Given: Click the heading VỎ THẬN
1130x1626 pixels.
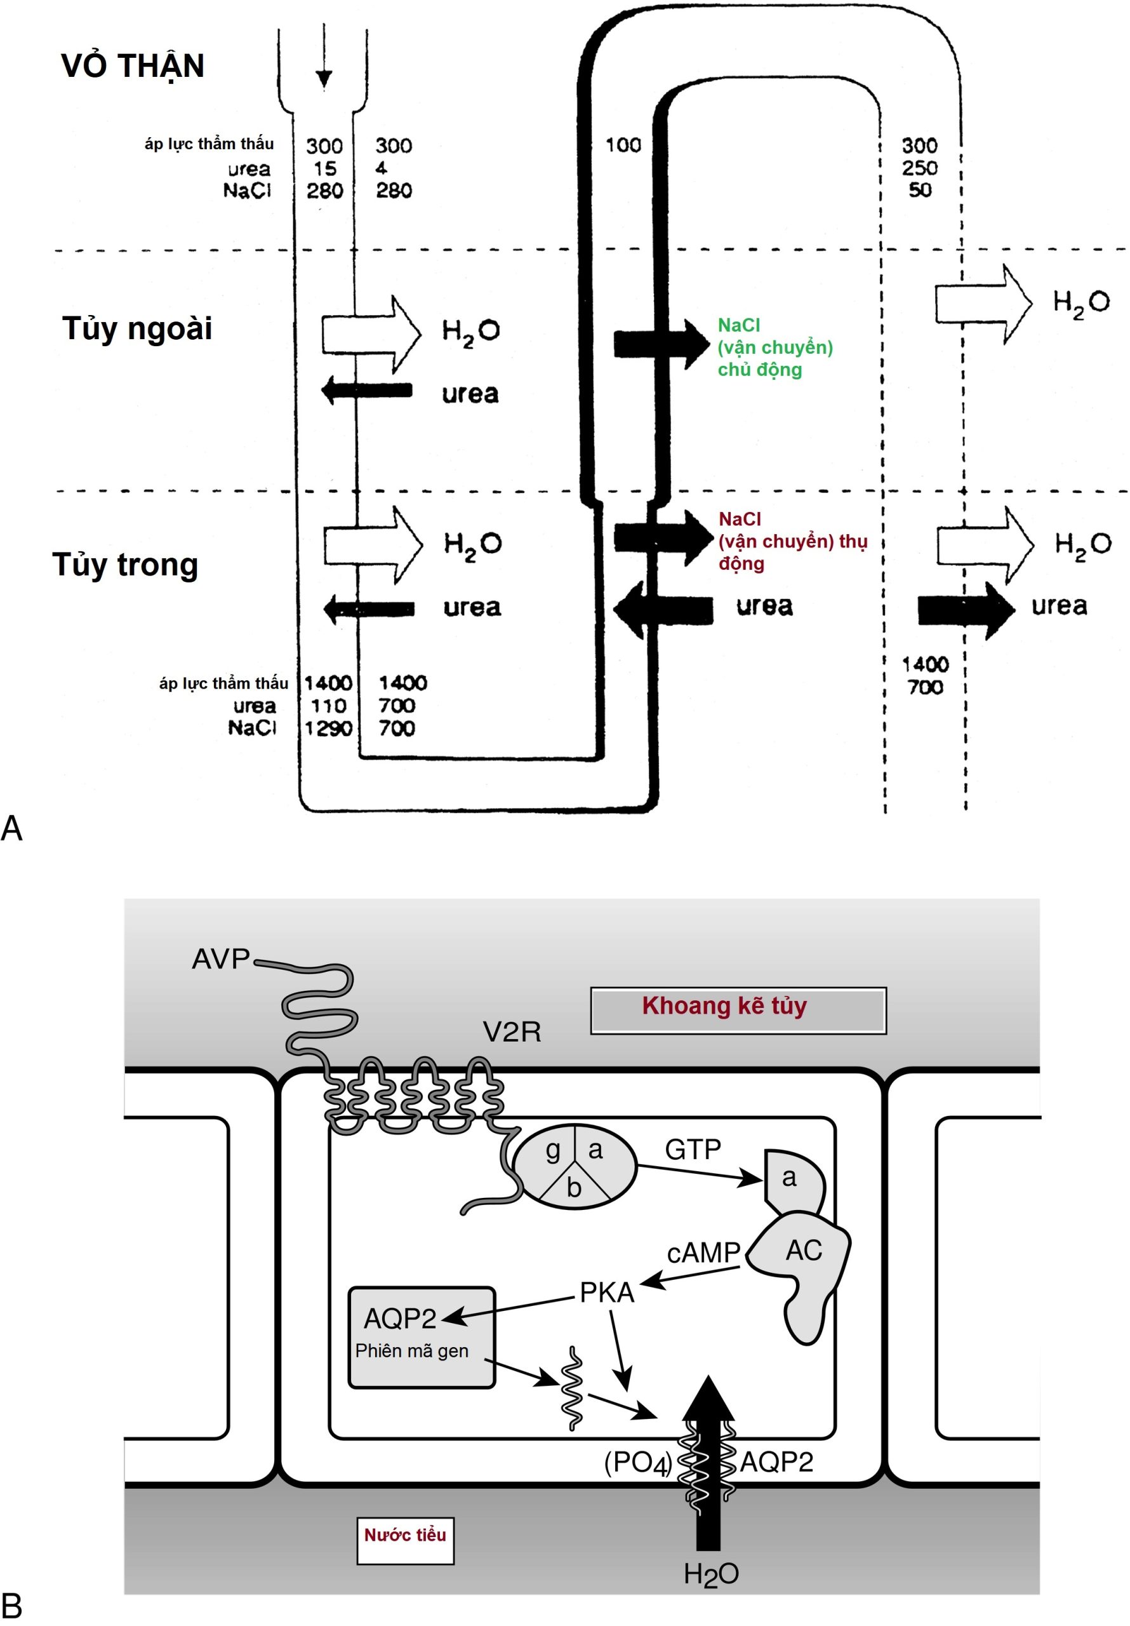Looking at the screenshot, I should pyautogui.click(x=133, y=66).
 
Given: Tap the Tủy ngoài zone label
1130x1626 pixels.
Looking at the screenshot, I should pyautogui.click(x=137, y=328).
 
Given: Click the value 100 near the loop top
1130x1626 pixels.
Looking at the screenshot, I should pyautogui.click(x=623, y=145).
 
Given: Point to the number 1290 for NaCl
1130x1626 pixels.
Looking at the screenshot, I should pyautogui.click(x=328, y=728).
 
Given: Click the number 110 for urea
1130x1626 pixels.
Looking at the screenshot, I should pyautogui.click(x=328, y=706).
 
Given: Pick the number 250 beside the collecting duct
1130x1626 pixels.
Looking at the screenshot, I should pyautogui.click(x=920, y=168).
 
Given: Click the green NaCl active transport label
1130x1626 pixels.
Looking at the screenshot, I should pyautogui.click(x=774, y=347).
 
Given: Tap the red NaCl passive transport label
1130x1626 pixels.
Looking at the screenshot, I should pyautogui.click(x=792, y=541).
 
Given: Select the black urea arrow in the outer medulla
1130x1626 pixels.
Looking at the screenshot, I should pyautogui.click(x=367, y=390).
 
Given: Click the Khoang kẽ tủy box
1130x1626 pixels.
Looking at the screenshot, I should pyautogui.click(x=738, y=1010).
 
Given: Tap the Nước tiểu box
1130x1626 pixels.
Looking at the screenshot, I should pyautogui.click(x=405, y=1535).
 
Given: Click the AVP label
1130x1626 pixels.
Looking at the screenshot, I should pyautogui.click(x=221, y=959).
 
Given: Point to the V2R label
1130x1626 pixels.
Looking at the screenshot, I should pyautogui.click(x=512, y=1033).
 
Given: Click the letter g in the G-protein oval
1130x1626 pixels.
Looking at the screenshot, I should pyautogui.click(x=553, y=1150).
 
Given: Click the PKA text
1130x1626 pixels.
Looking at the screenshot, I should pyautogui.click(x=607, y=1293).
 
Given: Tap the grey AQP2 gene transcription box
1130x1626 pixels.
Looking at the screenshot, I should pyautogui.click(x=422, y=1337).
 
